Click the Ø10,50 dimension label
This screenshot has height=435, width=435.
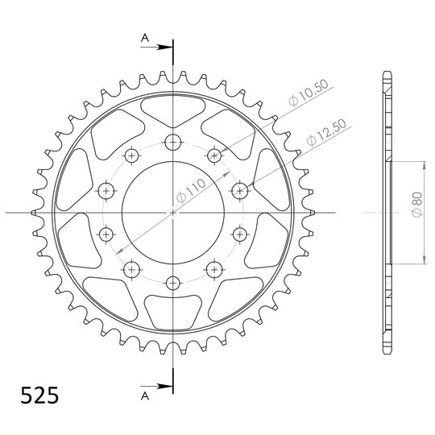tap(309, 93)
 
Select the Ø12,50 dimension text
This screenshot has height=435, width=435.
tap(327, 132)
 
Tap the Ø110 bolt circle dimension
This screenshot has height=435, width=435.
tap(191, 191)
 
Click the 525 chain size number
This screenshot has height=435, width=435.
tap(39, 395)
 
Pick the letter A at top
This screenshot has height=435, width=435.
tap(145, 37)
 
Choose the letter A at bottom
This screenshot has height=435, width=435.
tap(145, 396)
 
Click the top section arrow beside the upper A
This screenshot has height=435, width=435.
tap(157, 48)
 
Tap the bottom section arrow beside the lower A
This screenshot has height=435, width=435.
tap(157, 386)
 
